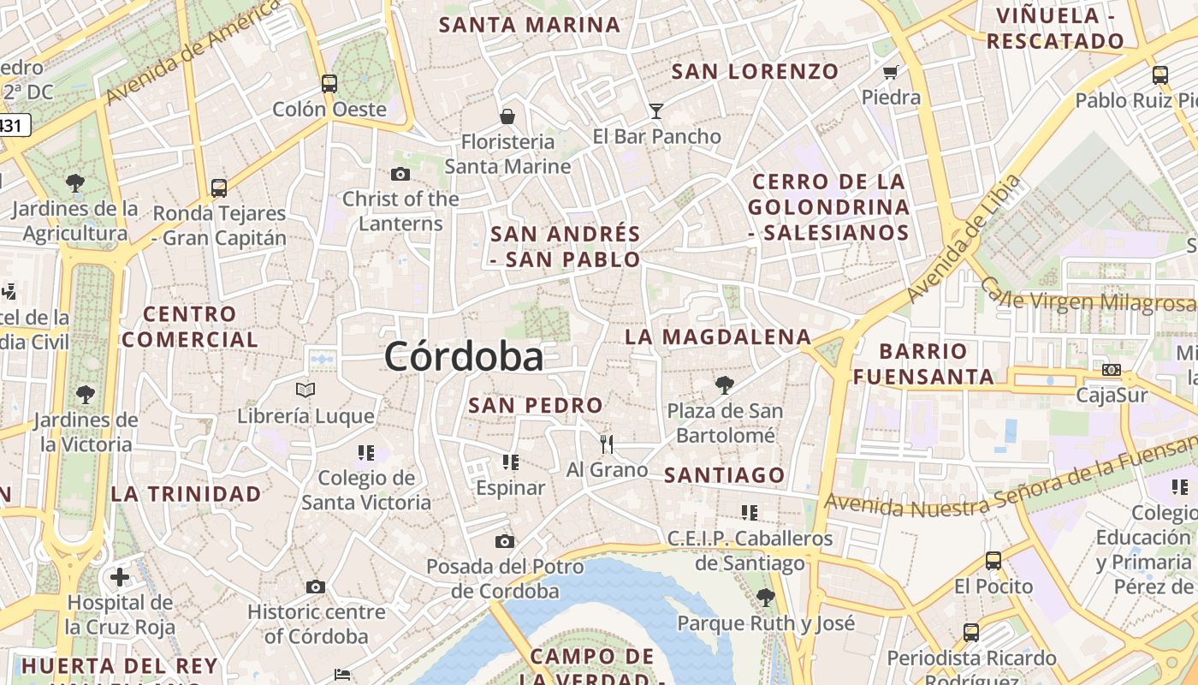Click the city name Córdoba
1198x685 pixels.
tap(463, 357)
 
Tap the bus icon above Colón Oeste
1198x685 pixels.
tap(329, 84)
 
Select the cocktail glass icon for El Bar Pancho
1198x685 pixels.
tap(656, 110)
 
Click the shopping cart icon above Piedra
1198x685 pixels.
tap(891, 72)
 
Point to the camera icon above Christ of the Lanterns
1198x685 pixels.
tap(400, 175)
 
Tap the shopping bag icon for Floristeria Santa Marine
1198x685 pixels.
tap(507, 116)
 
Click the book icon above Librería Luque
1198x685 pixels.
tap(305, 390)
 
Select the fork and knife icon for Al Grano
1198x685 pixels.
tap(607, 444)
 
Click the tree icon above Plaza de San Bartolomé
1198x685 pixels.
tap(725, 385)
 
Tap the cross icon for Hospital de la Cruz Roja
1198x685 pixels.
tap(120, 576)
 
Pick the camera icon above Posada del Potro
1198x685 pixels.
tap(505, 541)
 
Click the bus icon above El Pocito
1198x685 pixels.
tap(993, 561)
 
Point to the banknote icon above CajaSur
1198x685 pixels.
tap(1112, 370)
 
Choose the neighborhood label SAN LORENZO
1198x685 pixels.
tap(755, 72)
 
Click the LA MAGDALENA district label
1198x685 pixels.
tap(717, 337)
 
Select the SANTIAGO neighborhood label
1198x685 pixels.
tap(725, 475)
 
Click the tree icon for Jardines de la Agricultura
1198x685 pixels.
tap(75, 182)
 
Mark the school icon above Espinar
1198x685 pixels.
tap(511, 462)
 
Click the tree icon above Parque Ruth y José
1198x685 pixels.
tap(766, 597)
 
